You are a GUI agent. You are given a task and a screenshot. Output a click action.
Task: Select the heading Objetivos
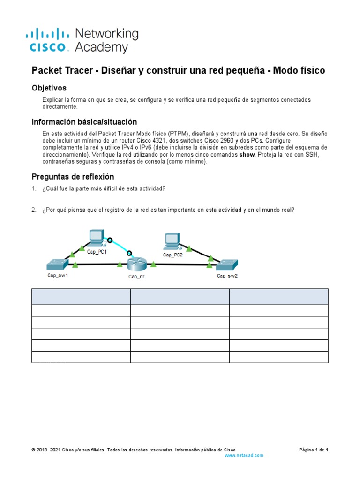[49, 88]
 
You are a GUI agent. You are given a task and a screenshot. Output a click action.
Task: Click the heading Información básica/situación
[84, 121]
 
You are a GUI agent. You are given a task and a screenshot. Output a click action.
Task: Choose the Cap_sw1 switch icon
[57, 265]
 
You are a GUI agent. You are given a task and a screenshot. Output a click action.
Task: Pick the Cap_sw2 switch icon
[227, 265]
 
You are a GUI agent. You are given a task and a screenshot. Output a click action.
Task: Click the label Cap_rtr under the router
[136, 277]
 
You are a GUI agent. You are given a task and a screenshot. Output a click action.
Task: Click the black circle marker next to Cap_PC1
[110, 240]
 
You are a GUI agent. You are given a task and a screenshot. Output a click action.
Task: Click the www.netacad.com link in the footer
[244, 455]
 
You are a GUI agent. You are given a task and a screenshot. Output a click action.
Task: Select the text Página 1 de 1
[314, 450]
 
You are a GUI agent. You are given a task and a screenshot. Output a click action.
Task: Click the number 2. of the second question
[34, 210]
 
